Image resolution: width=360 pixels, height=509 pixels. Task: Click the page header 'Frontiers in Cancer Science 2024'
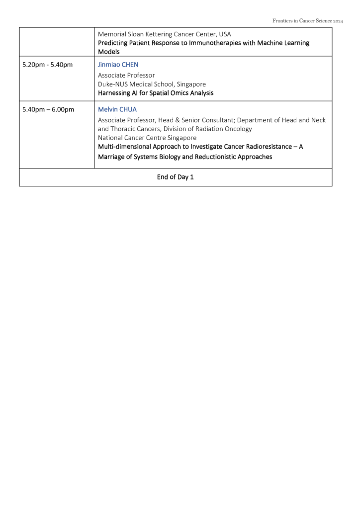point(308,21)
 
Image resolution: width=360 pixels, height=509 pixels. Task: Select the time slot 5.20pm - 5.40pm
point(48,65)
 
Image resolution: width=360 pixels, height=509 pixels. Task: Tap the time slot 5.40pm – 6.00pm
point(48,109)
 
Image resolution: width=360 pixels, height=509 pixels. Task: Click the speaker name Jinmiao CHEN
point(118,65)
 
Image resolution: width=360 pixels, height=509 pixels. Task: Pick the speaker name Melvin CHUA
point(117,109)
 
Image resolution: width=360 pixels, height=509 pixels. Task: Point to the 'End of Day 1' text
point(175,177)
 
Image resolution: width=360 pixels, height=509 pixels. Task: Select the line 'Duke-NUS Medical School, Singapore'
point(152,84)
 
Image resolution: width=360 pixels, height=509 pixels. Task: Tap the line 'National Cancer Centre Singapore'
point(147,137)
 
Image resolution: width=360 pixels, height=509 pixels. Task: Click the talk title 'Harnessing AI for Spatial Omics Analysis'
point(155,93)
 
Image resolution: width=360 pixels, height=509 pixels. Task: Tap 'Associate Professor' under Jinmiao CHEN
point(126,75)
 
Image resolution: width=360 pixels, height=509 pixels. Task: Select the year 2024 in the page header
point(338,21)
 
